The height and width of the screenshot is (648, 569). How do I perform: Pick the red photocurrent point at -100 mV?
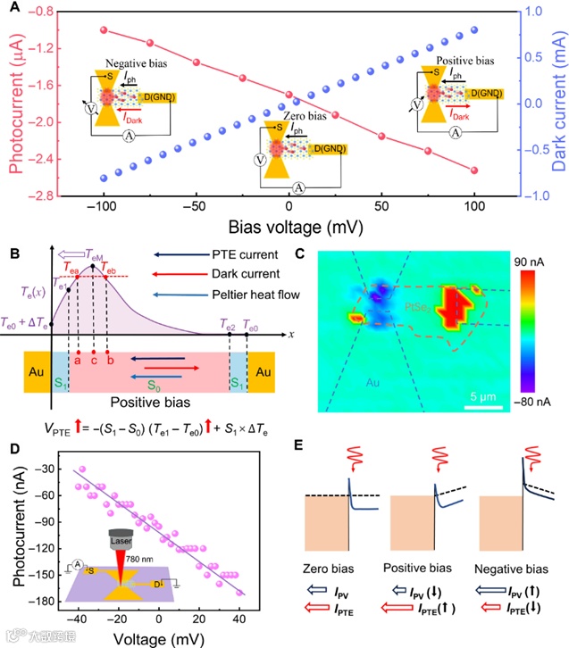[105, 29]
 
